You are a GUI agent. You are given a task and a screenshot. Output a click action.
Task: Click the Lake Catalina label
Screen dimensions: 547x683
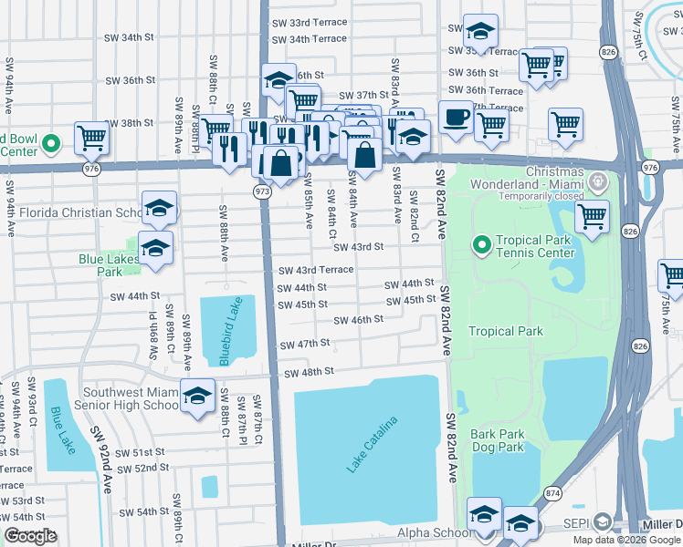(x=373, y=445)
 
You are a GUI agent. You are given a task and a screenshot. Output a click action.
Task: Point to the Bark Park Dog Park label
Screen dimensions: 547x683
(x=498, y=440)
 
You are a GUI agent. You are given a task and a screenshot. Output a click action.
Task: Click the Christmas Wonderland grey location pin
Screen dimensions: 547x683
(x=599, y=180)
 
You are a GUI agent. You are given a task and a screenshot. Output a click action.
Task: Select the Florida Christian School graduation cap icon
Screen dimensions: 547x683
(x=159, y=209)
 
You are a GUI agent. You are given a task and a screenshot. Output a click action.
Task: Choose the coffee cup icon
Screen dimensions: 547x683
(x=456, y=118)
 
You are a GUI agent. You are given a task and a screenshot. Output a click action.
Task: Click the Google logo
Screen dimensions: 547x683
(x=30, y=536)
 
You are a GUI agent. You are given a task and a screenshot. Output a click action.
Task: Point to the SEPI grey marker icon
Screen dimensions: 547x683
(x=602, y=521)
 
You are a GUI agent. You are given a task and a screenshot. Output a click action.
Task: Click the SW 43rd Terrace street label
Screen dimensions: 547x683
(x=316, y=271)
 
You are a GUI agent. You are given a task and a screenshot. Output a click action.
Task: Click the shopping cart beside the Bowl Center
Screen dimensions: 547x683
(x=92, y=139)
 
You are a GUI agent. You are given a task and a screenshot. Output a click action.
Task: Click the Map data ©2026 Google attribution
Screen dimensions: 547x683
(x=626, y=539)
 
